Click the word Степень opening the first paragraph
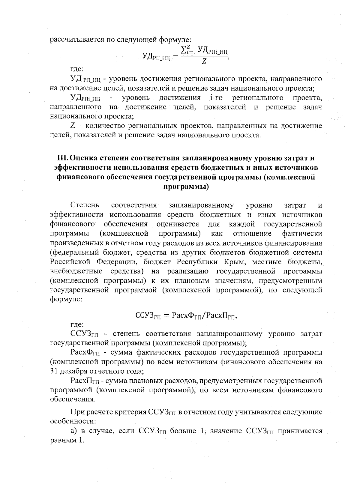click(85, 205)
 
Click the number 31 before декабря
click(54, 371)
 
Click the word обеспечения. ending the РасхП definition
click(73, 399)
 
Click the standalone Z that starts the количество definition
click(72, 126)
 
